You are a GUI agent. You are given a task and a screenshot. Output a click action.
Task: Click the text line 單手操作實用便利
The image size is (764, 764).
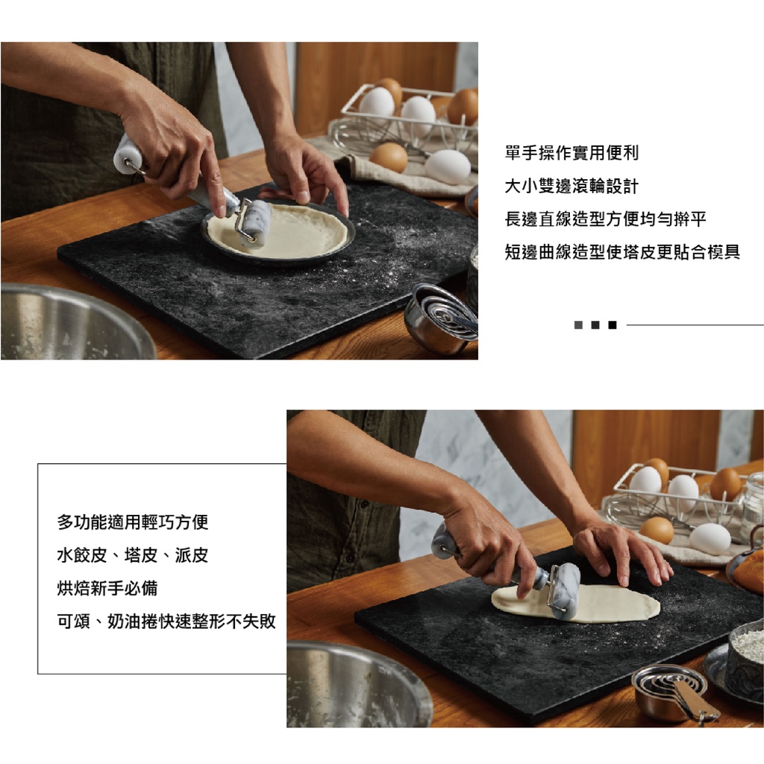[x=572, y=153]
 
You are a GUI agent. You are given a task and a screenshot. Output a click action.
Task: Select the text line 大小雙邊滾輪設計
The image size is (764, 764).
[x=572, y=186]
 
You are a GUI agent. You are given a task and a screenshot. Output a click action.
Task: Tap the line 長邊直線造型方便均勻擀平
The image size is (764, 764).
[x=605, y=219]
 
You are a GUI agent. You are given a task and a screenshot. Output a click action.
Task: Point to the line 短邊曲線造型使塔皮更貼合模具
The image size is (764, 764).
[x=622, y=252]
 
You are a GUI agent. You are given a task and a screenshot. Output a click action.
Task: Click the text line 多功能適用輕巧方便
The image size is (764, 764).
[x=133, y=522]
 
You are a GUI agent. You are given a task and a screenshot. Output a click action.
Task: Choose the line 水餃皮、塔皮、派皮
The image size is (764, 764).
[x=133, y=555]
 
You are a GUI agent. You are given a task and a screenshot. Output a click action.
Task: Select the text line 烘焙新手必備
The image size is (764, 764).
[x=107, y=588]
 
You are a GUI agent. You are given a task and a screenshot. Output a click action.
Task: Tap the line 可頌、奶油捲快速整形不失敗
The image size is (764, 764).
[x=166, y=621]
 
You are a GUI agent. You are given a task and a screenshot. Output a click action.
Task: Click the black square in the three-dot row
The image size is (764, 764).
[x=613, y=325]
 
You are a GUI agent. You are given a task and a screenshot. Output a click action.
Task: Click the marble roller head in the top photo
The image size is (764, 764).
[x=256, y=222]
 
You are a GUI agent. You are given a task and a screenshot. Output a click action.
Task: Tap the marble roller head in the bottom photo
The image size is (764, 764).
[x=566, y=591]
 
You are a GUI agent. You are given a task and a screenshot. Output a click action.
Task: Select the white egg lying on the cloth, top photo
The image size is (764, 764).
[x=447, y=166]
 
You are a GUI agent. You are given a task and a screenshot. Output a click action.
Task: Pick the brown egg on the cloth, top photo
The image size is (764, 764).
[x=388, y=157]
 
